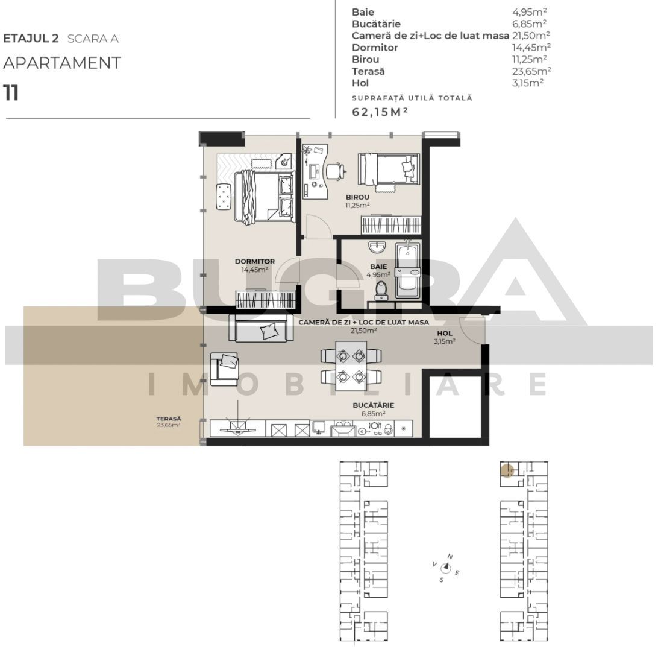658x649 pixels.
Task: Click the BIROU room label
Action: pyautogui.click(x=357, y=197)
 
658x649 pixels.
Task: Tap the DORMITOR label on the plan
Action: pyautogui.click(x=255, y=262)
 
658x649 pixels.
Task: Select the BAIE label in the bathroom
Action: pyautogui.click(x=378, y=266)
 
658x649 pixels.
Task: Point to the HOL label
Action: pyautogui.click(x=444, y=333)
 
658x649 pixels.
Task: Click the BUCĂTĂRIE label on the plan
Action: pyautogui.click(x=373, y=405)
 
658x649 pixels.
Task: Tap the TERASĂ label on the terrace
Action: pyautogui.click(x=169, y=419)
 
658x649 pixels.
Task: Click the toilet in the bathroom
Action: pyautogui.click(x=380, y=290)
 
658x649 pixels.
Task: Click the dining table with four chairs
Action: pyautogui.click(x=351, y=366)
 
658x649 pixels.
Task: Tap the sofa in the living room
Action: pyautogui.click(x=260, y=328)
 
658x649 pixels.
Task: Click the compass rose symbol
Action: pyautogui.click(x=446, y=567)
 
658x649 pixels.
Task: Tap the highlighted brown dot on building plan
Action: pyautogui.click(x=507, y=469)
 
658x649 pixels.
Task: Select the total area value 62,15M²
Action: pyautogui.click(x=380, y=112)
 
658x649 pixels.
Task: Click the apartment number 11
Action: pyautogui.click(x=10, y=93)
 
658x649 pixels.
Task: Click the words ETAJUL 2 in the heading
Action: pyautogui.click(x=31, y=39)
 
